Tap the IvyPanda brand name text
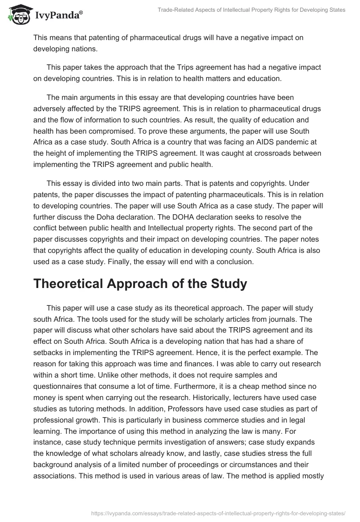coord(58,15)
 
